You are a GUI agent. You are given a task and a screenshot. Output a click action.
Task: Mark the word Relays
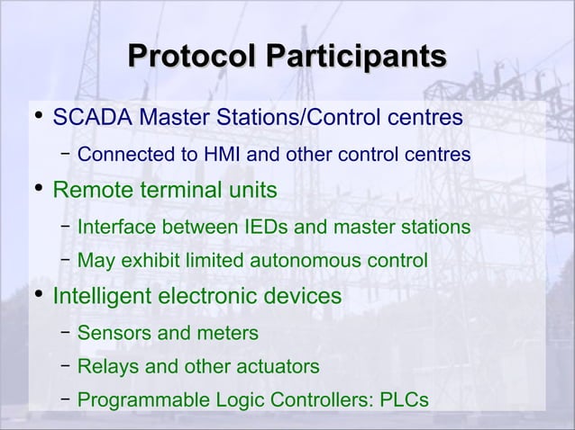point(105,367)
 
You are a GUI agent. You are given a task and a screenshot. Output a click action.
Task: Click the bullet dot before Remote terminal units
point(37,190)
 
